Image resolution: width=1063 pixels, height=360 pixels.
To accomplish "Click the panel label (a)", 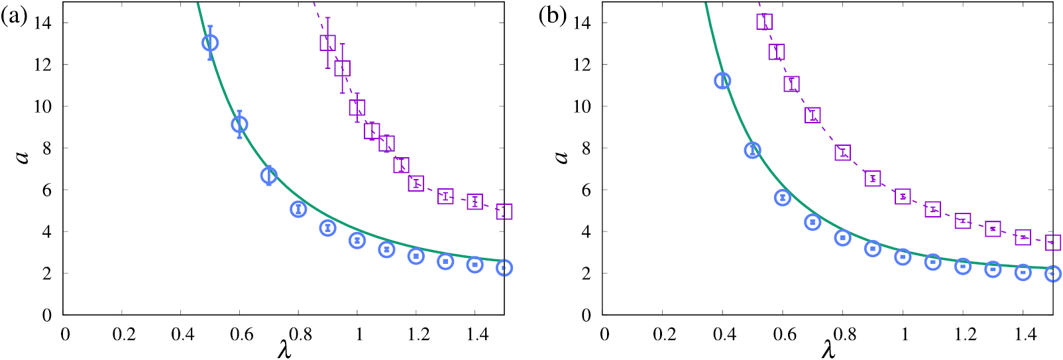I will pos(14,16).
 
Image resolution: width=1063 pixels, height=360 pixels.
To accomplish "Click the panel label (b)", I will pos(552,16).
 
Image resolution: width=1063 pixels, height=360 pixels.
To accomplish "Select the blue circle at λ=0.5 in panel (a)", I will pos(210,43).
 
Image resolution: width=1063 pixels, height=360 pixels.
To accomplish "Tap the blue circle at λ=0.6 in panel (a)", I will pos(239,124).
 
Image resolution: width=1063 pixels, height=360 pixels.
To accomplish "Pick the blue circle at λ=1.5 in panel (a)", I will pos(504,268).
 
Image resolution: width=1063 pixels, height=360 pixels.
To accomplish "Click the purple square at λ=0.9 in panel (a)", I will pos(327,43).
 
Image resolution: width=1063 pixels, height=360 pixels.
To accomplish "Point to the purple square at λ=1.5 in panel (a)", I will pos(504,211).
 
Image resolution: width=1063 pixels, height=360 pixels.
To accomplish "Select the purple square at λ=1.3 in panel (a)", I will pos(445,196).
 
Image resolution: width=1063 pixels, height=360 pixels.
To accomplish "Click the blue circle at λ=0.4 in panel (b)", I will pos(722,81).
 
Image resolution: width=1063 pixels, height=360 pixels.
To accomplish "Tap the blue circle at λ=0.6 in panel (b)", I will pos(783,198).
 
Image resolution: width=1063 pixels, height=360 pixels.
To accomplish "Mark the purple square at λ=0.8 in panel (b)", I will pos(842,152).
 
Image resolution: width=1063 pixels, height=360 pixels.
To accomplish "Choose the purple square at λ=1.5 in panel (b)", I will pos(1052,243).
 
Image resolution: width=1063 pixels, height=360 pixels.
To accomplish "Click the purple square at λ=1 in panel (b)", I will pos(903,196).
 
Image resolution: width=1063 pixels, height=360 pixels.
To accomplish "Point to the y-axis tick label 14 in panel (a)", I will pos(42,23).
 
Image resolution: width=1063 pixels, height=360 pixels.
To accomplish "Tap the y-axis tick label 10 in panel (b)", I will pos(581,107).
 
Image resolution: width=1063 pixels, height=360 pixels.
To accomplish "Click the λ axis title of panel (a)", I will pos(284,349).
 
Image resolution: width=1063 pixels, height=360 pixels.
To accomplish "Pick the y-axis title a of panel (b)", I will pos(561,156).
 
